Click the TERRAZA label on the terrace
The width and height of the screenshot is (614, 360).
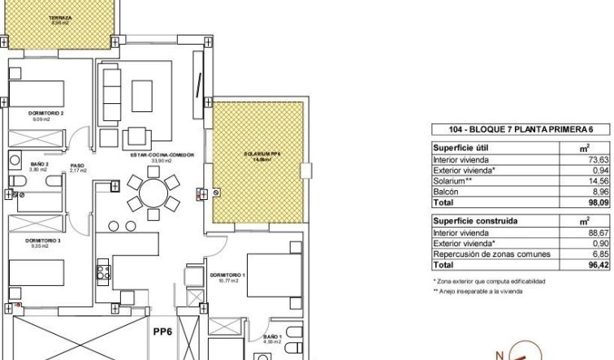(59, 17)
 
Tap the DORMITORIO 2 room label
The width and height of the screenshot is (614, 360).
(45, 114)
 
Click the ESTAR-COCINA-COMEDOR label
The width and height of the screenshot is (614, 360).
(155, 155)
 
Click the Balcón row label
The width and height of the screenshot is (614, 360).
(449, 194)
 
